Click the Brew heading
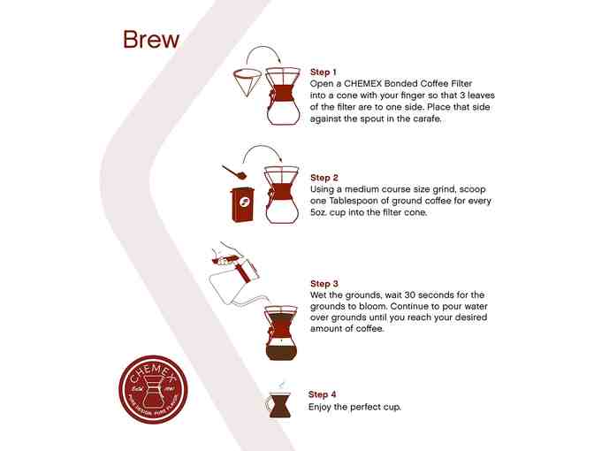click(151, 40)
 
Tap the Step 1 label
click(324, 72)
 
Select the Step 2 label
click(324, 178)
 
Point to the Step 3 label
click(324, 284)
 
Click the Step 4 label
click(322, 394)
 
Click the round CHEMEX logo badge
click(153, 389)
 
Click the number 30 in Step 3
click(410, 294)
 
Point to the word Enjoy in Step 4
click(319, 407)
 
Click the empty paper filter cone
click(247, 82)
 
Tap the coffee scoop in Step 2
click(234, 172)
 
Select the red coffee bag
click(243, 204)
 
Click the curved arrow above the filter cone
click(263, 47)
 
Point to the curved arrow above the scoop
click(262, 147)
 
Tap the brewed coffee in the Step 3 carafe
click(281, 349)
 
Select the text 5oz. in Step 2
click(318, 212)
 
